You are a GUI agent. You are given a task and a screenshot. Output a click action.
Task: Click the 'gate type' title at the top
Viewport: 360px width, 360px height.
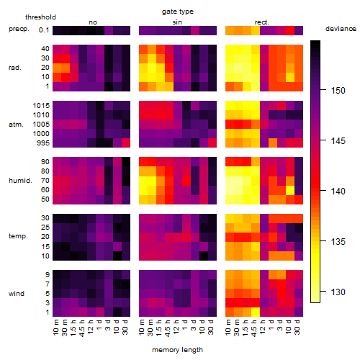[x=178, y=12]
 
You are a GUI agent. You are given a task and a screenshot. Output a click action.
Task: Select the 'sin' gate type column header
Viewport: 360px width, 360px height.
[x=177, y=22]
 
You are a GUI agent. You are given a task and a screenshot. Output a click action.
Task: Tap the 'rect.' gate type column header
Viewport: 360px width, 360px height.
[x=261, y=22]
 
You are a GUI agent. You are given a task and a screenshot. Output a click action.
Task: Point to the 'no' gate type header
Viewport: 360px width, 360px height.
[x=93, y=22]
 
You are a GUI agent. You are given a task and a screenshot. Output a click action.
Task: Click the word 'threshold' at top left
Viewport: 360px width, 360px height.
[x=40, y=17]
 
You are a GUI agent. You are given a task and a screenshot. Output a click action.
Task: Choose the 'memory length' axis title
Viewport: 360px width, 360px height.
[x=177, y=350]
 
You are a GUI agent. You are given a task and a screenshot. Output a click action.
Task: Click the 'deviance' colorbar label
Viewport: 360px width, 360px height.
[x=341, y=29]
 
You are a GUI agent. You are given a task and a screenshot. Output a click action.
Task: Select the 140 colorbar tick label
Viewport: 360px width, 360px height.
[x=338, y=192]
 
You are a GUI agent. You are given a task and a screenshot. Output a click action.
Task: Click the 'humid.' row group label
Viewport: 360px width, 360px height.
[x=20, y=181]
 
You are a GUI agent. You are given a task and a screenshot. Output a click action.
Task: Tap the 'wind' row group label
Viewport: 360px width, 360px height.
[x=17, y=294]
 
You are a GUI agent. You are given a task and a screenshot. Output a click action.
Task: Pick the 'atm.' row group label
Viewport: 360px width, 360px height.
[x=16, y=125]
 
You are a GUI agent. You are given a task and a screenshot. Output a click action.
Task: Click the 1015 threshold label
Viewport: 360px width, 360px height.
[x=41, y=106]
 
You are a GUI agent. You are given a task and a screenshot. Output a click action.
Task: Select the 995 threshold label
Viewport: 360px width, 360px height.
[x=43, y=143]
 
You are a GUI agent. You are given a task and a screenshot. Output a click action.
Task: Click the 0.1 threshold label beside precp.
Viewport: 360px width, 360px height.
[x=44, y=30]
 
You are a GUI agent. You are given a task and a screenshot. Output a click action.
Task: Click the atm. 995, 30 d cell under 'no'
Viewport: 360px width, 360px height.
[x=126, y=143]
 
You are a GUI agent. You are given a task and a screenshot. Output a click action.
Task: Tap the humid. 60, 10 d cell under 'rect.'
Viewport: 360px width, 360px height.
[x=290, y=190]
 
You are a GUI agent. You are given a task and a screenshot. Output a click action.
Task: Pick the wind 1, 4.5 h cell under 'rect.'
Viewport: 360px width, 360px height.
[x=256, y=312]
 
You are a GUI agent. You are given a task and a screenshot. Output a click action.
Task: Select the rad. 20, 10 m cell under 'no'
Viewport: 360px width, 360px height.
[x=57, y=68]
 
